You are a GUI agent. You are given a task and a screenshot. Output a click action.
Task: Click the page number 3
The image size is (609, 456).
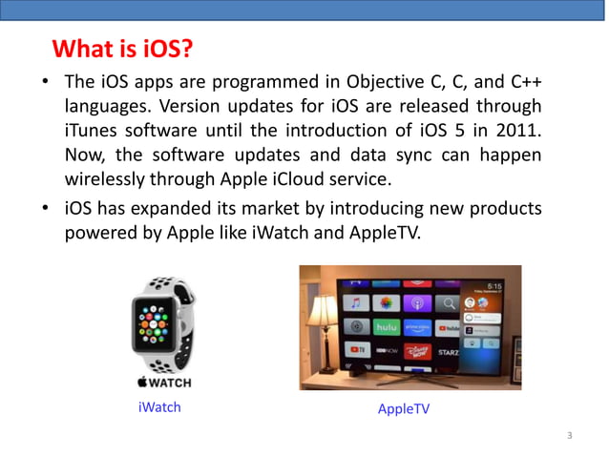click(569, 436)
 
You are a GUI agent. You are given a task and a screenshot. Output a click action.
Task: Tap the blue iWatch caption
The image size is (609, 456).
click(159, 407)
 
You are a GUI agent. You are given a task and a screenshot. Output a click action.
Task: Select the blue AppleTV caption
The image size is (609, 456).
click(404, 408)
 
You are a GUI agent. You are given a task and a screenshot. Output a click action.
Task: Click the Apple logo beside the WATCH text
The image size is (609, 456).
click(140, 383)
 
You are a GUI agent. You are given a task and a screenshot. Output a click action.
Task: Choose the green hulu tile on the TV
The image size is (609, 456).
click(385, 327)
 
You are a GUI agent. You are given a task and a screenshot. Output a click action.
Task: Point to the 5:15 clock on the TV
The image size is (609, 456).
click(495, 285)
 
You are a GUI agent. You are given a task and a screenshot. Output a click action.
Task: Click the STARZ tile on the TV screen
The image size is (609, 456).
click(448, 351)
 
